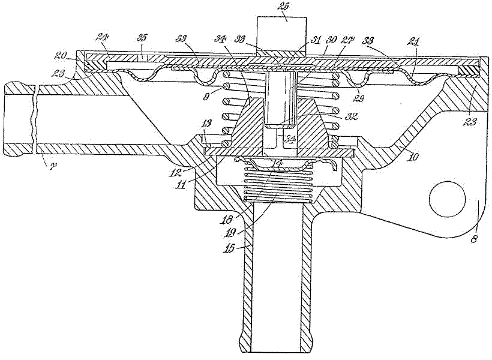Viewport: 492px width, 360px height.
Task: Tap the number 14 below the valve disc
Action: coord(277,163)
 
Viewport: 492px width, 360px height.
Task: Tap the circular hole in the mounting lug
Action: coord(448,197)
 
